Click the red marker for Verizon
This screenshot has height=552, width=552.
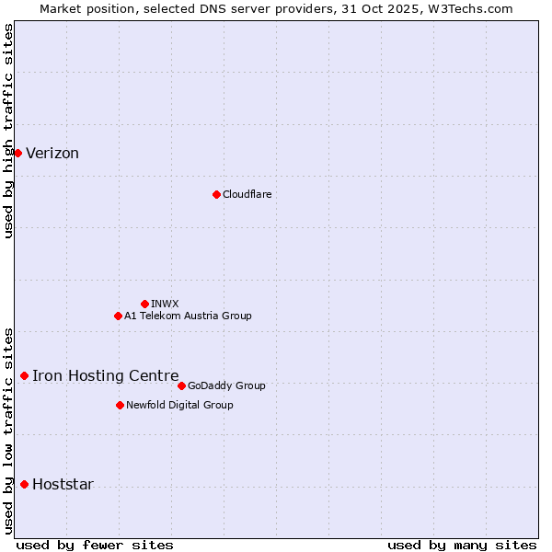[x=17, y=153]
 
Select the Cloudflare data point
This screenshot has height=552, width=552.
[x=216, y=194]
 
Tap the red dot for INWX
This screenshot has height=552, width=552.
[x=144, y=304]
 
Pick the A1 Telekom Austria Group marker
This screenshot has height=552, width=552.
[x=118, y=316]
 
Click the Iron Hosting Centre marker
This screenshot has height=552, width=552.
[x=24, y=375]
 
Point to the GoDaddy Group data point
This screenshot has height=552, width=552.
[x=181, y=385]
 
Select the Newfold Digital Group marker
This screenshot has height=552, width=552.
[x=120, y=405]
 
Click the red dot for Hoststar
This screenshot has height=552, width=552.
[x=24, y=484]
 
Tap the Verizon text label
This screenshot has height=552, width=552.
[x=52, y=154]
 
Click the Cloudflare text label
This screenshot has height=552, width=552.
[x=247, y=194]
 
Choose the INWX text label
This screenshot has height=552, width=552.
[x=165, y=304]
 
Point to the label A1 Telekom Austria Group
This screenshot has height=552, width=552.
[x=188, y=316]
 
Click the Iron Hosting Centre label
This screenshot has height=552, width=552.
[x=106, y=375]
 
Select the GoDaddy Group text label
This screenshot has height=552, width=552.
[x=226, y=385]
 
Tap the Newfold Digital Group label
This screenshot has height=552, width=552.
[x=179, y=405]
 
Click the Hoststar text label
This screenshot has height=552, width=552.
[x=63, y=485]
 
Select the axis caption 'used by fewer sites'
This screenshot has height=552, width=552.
[x=95, y=545]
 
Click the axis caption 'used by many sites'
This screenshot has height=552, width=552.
[x=462, y=545]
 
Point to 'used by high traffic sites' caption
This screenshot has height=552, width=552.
[x=8, y=131]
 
